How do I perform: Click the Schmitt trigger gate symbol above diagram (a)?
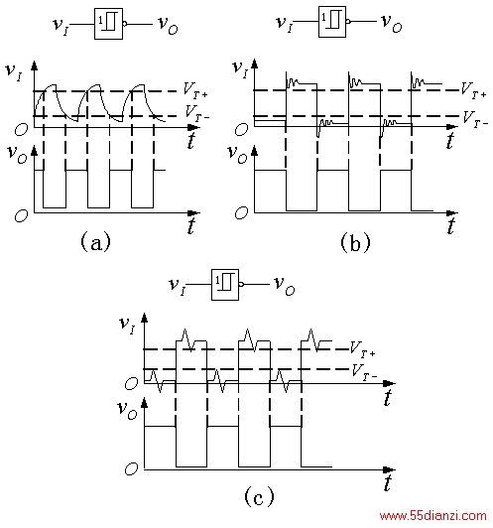tap(108, 24)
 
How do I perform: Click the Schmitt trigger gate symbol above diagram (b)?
tap(332, 22)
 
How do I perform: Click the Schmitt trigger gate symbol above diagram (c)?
tap(225, 285)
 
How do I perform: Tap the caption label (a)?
tap(95, 241)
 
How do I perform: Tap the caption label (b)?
tap(355, 242)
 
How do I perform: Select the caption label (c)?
tap(259, 496)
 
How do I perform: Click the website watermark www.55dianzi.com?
tap(432, 516)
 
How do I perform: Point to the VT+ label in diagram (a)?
tap(195, 90)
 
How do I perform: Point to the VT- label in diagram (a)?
tap(197, 112)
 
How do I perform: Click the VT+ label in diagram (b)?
tap(473, 90)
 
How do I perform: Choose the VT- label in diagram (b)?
tap(475, 119)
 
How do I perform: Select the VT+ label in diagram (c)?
tap(362, 349)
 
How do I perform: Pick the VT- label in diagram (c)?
tap(364, 373)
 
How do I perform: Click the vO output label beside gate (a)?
tap(168, 26)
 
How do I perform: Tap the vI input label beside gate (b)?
tap(285, 24)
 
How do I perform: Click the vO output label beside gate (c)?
tap(285, 286)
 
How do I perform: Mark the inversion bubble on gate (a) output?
tap(125, 24)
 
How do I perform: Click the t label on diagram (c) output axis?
tap(388, 482)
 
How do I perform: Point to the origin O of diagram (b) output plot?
tap(242, 212)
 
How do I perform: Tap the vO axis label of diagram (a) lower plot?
tap(18, 155)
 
